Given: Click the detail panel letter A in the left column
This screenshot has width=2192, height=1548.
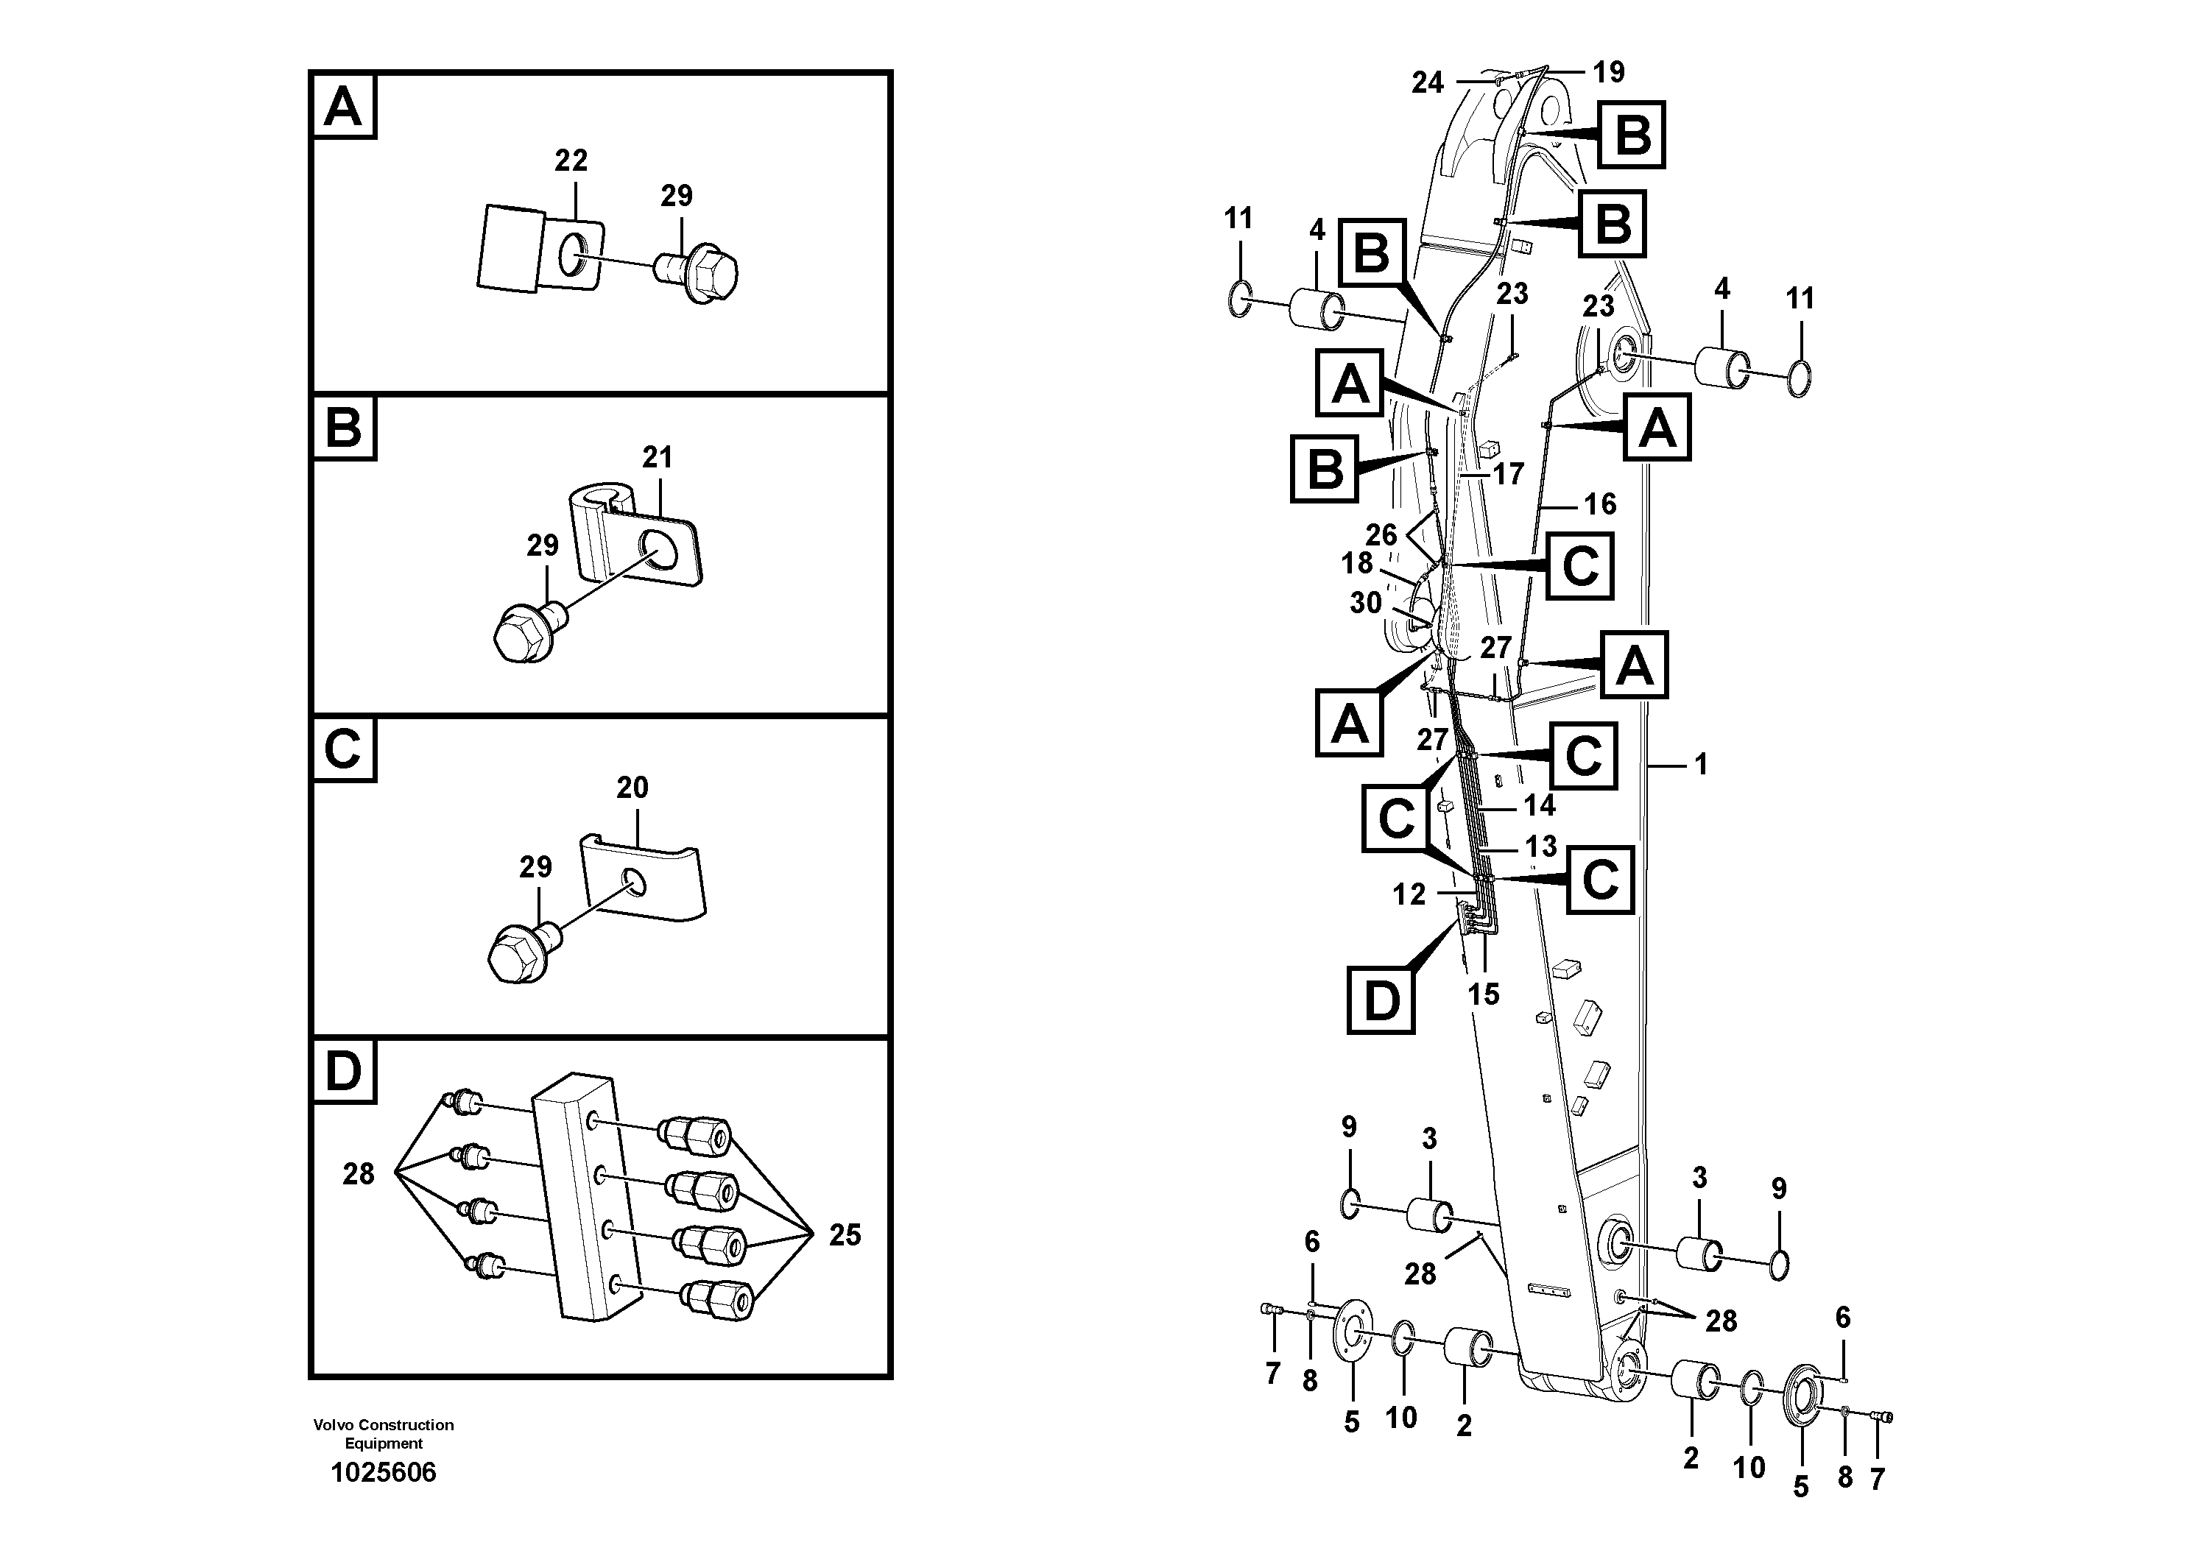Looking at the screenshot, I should pyautogui.click(x=342, y=107).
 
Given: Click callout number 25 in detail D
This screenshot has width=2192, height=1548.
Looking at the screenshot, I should pyautogui.click(x=844, y=1235).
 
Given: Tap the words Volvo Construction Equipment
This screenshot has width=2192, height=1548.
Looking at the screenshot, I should pyautogui.click(x=383, y=1433).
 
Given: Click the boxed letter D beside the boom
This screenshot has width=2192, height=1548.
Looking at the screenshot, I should pyautogui.click(x=1381, y=1001).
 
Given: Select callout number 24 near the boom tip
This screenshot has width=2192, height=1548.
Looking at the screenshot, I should pyautogui.click(x=1427, y=83).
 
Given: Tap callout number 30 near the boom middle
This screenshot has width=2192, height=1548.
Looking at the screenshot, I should pyautogui.click(x=1365, y=602).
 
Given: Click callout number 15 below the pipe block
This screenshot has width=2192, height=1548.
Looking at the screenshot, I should pyautogui.click(x=1483, y=994).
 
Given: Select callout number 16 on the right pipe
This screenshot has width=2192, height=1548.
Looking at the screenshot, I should pyautogui.click(x=1600, y=504).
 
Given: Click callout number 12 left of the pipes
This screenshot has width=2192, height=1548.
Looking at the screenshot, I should pyautogui.click(x=1408, y=894).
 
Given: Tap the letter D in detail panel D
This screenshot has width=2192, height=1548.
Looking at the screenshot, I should pyautogui.click(x=342, y=1071).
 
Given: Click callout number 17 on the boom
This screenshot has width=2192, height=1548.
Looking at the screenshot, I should pyautogui.click(x=1509, y=473).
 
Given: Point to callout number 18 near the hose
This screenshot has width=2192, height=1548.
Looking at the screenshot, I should pyautogui.click(x=1356, y=563).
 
